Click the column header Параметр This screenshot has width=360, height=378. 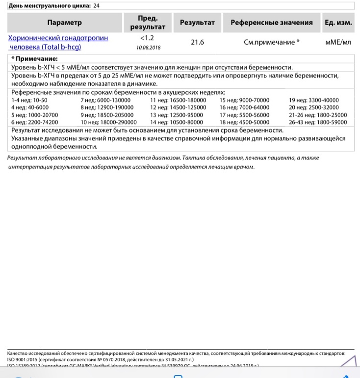coord(64,23)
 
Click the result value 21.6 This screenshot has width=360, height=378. coord(197,42)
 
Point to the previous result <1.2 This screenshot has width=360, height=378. coord(148,38)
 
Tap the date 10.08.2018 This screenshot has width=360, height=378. coord(148,47)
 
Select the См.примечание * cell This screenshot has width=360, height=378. coord(271,42)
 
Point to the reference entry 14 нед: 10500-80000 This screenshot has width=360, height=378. coord(177,122)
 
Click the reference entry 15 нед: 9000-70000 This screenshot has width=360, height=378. coord(245,100)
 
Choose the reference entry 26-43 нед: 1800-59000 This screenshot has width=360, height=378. coord(318,122)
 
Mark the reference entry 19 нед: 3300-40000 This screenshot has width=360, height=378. coord(314,100)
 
